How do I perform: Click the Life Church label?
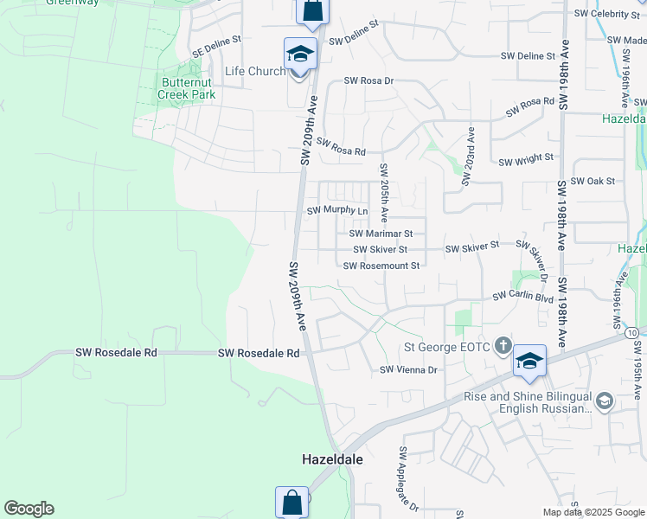click(x=254, y=71)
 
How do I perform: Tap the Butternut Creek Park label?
click(x=186, y=89)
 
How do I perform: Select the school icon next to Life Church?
click(x=300, y=54)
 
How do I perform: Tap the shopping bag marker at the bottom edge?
click(x=291, y=502)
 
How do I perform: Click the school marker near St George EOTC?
click(x=529, y=362)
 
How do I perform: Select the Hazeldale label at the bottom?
click(x=331, y=460)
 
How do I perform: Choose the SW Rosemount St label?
click(x=381, y=266)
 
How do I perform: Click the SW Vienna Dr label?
click(x=410, y=369)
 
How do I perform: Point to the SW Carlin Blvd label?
click(x=522, y=296)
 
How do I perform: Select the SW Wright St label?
click(x=525, y=158)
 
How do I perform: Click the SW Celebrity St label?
click(x=605, y=15)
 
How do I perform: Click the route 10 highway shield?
click(x=634, y=332)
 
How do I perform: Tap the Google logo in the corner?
click(x=29, y=509)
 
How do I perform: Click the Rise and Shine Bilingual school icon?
click(x=604, y=400)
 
